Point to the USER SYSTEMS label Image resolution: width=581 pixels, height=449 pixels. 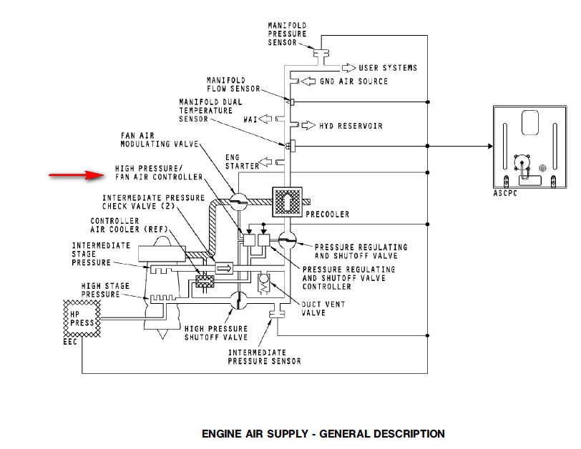[388, 68]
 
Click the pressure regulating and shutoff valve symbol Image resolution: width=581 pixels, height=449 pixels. [288, 239]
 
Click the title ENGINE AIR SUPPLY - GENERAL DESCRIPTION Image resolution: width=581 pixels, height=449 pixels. [323, 434]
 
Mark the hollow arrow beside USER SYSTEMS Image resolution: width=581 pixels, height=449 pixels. [348, 68]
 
